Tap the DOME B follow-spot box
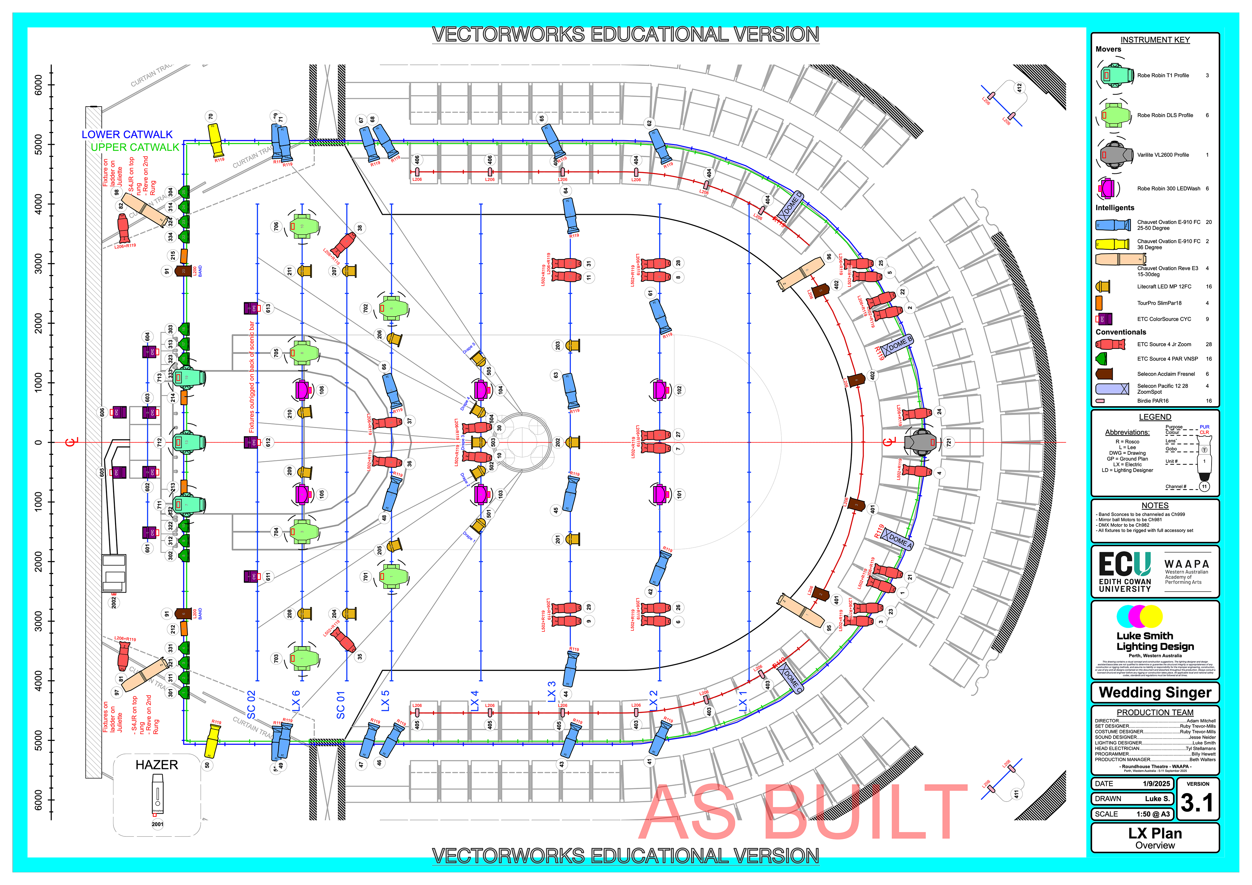click(x=898, y=345)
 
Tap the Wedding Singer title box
click(x=1155, y=692)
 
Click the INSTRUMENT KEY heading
click(x=1155, y=40)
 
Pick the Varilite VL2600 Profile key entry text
click(x=1163, y=155)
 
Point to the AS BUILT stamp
click(x=802, y=813)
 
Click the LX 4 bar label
click(x=474, y=701)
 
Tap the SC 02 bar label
click(x=251, y=704)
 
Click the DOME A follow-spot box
click(x=897, y=539)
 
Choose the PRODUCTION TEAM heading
click(x=1155, y=713)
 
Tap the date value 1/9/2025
click(x=1156, y=784)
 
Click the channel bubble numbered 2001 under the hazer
click(x=157, y=824)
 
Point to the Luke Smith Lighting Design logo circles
click(x=1140, y=616)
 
